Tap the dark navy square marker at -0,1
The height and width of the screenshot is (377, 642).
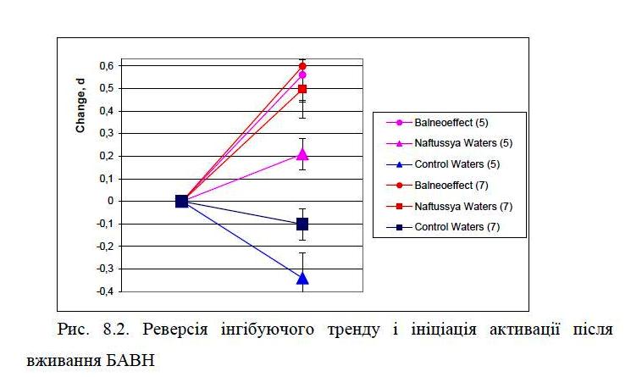coord(302,224)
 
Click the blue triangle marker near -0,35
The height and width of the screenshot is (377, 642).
coord(302,277)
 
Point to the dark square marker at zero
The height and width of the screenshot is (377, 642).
coord(181,201)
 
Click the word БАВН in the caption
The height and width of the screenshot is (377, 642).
coord(130,360)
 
